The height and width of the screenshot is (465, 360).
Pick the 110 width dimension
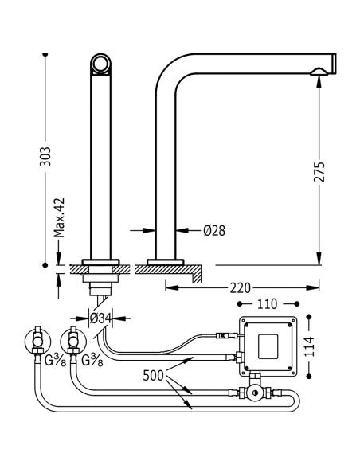click(x=267, y=303)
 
